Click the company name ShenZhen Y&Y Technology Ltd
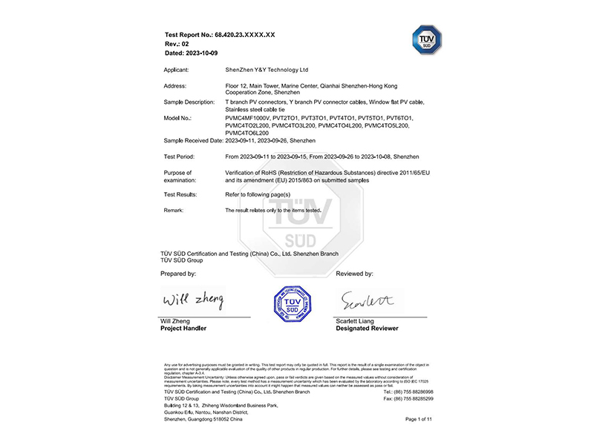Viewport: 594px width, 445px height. [266, 70]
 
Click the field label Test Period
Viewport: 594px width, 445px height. [180, 156]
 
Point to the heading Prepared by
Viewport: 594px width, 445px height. [178, 274]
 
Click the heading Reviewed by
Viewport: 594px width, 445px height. [354, 274]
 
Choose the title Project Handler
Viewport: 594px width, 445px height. [183, 328]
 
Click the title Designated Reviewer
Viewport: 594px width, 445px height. [366, 328]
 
